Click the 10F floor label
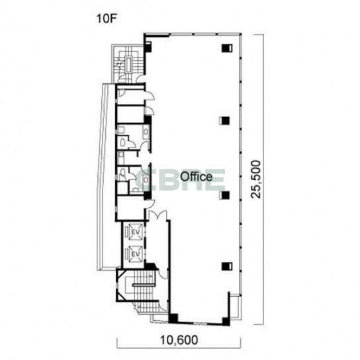(105, 19)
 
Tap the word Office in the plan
(196, 177)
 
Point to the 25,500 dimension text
(256, 179)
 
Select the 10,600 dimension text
(179, 339)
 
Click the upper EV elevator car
(136, 232)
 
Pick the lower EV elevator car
(136, 253)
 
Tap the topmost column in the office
(227, 48)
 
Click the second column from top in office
(224, 120)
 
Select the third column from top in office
(224, 195)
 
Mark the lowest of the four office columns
(227, 266)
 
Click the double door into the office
(157, 215)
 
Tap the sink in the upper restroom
(146, 132)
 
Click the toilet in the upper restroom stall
(123, 143)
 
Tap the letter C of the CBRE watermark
(143, 180)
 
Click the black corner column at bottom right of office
(226, 321)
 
